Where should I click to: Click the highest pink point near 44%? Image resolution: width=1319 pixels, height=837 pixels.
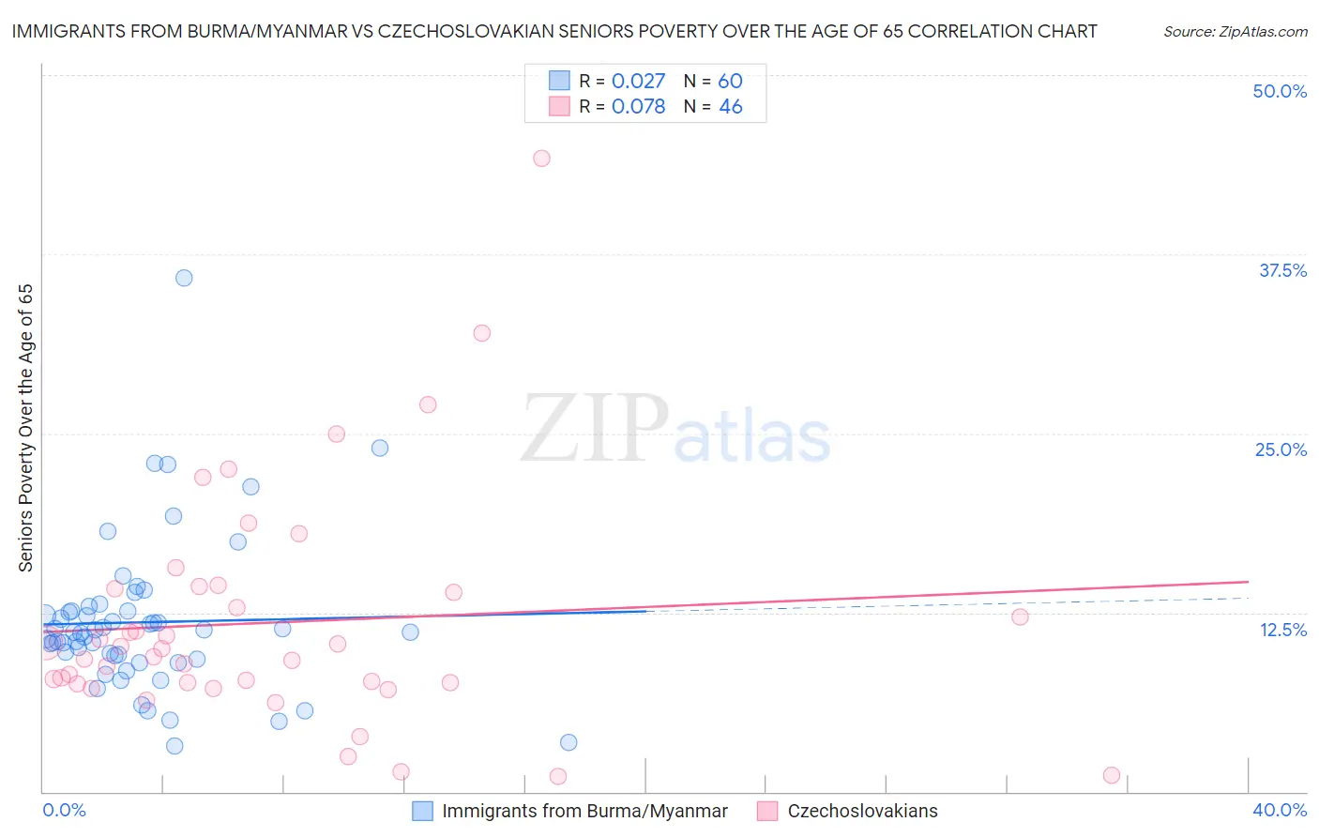point(541,159)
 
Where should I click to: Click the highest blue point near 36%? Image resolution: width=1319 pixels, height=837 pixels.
point(184,278)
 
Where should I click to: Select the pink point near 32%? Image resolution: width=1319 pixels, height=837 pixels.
point(482,333)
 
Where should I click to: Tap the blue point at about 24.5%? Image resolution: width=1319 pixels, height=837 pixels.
point(380,448)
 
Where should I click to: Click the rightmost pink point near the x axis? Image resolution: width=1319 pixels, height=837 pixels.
point(1112,775)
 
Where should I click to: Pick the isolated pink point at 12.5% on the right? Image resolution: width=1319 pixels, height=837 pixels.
point(1020,616)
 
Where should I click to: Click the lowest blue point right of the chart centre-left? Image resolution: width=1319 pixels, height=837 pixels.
point(569,742)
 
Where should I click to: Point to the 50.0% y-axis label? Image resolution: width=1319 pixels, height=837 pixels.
point(1280,91)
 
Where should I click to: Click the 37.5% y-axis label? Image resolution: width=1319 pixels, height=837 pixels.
point(1282,270)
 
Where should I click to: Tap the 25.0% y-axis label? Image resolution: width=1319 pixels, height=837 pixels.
point(1281,449)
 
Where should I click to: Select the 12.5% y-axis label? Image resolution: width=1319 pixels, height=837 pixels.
point(1282,630)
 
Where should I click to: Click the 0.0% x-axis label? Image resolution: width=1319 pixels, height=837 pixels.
point(64,810)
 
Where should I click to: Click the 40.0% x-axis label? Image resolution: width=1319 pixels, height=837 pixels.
point(1280,810)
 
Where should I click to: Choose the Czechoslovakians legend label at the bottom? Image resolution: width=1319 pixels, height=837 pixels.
point(862,812)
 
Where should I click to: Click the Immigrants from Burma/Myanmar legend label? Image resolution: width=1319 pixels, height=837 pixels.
point(584,812)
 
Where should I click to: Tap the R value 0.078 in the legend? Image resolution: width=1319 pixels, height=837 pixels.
point(638,107)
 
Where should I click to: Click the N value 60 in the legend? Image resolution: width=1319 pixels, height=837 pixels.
point(730,82)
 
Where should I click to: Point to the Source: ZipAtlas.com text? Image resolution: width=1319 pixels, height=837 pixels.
point(1235,32)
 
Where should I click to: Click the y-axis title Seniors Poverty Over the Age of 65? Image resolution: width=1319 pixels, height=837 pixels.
point(26,428)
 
